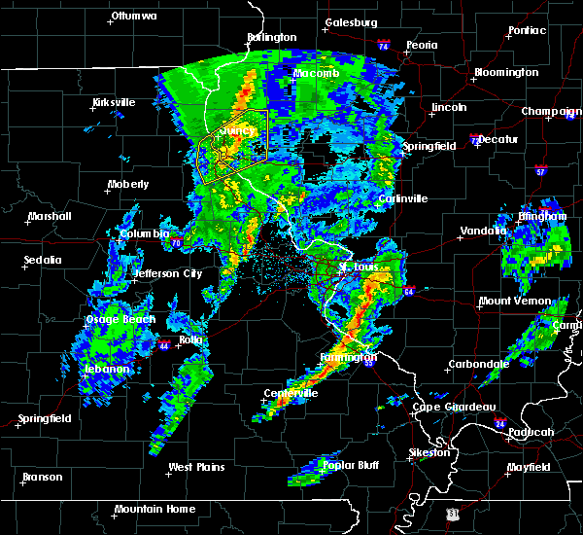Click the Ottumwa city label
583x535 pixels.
(133, 16)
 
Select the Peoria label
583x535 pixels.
(422, 45)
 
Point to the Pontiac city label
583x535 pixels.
(526, 30)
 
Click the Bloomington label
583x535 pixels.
(505, 72)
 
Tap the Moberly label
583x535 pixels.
(128, 183)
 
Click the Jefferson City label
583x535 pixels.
(167, 273)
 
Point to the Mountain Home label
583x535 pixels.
(154, 509)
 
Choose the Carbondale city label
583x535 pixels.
(477, 364)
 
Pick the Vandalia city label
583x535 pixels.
(483, 232)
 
